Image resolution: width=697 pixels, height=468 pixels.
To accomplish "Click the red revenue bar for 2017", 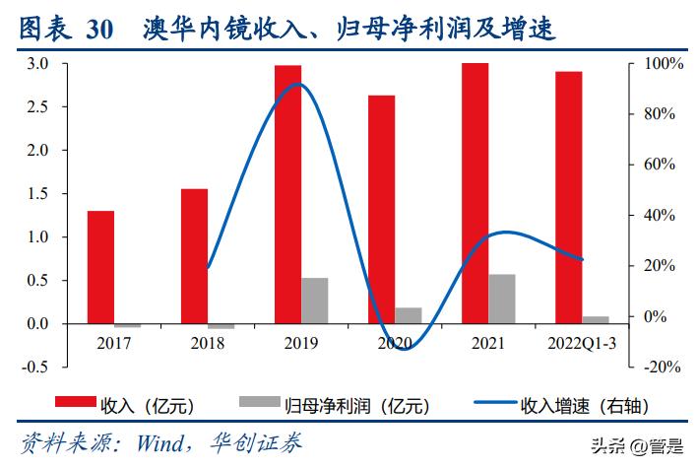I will click(x=100, y=267).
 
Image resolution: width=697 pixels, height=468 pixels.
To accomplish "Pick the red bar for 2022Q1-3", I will click(x=568, y=197).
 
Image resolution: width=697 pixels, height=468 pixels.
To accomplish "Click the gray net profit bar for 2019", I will click(x=315, y=301).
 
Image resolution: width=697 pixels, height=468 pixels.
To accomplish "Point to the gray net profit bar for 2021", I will click(x=502, y=299).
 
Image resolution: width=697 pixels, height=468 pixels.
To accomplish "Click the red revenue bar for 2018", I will click(x=194, y=256).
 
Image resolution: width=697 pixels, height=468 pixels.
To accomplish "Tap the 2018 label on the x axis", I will click(x=208, y=343).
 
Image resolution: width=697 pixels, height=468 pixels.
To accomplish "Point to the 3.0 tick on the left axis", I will click(x=36, y=64).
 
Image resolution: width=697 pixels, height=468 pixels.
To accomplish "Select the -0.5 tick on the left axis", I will click(x=34, y=367).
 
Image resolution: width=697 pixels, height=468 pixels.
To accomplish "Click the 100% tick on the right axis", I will click(x=659, y=64).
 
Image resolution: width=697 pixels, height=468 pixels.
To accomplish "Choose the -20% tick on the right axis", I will click(x=659, y=367).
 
